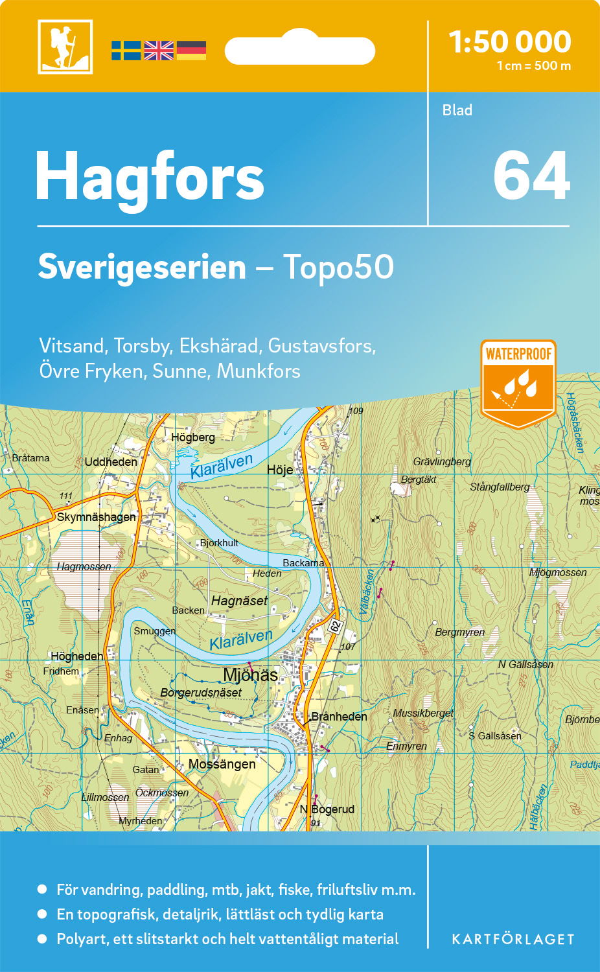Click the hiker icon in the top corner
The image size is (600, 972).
[65, 47]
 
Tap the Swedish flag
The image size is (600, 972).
[126, 51]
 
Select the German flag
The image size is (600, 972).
[191, 51]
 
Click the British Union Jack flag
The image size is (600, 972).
[159, 51]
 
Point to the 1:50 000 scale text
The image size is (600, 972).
[510, 42]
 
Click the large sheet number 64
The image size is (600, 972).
[531, 176]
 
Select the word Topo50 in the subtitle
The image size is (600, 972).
[338, 267]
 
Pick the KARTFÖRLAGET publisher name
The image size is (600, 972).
[513, 940]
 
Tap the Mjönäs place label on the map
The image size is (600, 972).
[250, 675]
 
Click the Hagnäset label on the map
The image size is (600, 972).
[239, 601]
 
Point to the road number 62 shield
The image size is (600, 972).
[336, 626]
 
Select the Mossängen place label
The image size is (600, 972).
[222, 764]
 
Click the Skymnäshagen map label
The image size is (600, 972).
[97, 517]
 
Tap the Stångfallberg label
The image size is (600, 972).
[500, 487]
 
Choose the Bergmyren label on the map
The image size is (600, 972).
[459, 632]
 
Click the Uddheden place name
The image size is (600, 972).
[111, 462]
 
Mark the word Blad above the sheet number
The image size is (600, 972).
[457, 110]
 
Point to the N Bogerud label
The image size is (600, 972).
[327, 809]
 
